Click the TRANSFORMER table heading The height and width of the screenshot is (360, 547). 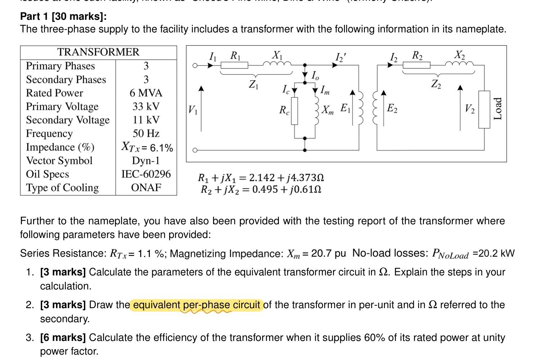[98, 52]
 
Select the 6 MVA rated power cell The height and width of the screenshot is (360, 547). [146, 93]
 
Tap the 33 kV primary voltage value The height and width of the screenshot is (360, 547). [146, 107]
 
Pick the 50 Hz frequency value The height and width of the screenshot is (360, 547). [146, 134]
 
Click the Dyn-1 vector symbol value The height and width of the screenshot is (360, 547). [146, 161]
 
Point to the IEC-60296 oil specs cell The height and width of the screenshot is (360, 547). [146, 174]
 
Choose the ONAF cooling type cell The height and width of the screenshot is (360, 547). [146, 188]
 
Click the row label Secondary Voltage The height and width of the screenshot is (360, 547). [68, 120]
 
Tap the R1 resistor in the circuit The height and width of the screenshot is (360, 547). [234, 65]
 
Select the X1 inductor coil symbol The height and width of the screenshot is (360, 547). [277, 64]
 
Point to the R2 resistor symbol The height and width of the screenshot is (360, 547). [416, 65]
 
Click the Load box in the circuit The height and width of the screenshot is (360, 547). [484, 109]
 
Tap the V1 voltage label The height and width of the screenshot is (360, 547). [193, 109]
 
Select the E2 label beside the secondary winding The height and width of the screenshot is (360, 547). [392, 108]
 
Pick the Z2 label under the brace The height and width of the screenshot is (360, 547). [436, 84]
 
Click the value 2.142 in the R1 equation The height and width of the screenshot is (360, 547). [262, 178]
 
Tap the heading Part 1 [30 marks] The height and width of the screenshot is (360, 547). [63, 17]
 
